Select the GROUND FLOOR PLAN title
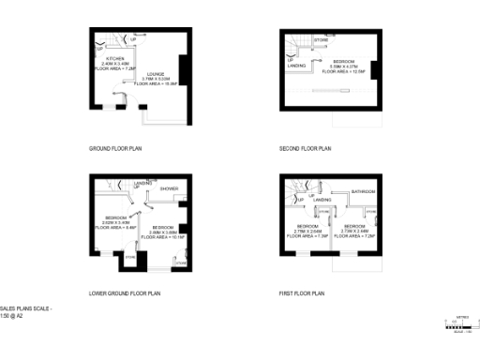[114, 148]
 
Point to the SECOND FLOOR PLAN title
[306, 148]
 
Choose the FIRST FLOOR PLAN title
[302, 293]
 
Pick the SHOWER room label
[169, 188]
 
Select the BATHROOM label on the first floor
[364, 192]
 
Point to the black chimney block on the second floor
[373, 71]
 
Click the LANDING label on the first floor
[322, 200]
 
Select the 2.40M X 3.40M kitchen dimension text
[114, 63]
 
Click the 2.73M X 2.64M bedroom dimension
[354, 232]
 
